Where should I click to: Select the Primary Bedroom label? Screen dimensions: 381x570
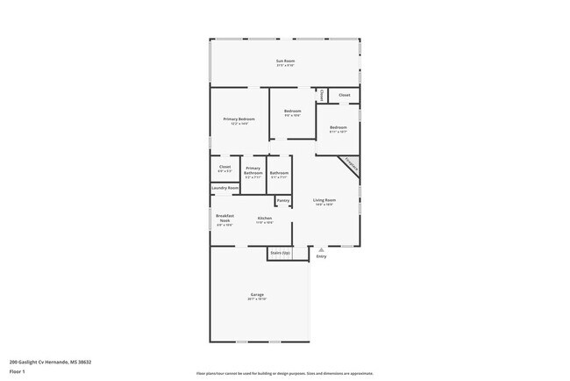point(239,120)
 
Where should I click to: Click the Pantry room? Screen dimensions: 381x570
point(283,201)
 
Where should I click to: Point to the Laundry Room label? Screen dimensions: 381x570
point(225,187)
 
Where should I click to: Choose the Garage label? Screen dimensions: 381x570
point(258,296)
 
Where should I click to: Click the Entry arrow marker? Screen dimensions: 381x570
point(321,250)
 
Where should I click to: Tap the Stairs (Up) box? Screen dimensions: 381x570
point(280,253)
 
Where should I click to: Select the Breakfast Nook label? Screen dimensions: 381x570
point(224,219)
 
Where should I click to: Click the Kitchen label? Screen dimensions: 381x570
point(264,219)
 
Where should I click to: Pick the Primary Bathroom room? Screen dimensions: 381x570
point(253,171)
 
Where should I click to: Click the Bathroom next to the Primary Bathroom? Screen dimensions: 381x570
point(280,175)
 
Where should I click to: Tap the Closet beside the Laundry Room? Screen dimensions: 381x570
point(225,168)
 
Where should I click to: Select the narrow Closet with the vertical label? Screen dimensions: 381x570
point(322,95)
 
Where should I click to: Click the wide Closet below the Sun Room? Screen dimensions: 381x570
point(345,94)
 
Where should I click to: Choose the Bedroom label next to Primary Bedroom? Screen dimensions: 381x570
point(293,112)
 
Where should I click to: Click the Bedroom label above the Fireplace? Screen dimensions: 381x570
point(338,129)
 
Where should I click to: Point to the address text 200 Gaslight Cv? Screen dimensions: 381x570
point(50,361)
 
